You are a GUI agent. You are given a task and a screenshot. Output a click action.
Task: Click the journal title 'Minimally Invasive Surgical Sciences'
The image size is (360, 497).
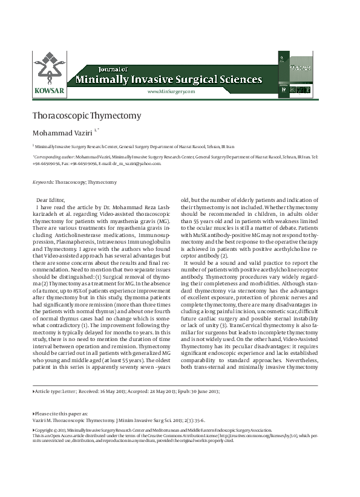point(168,80)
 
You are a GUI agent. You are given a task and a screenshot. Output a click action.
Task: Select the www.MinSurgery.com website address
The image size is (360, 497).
point(171,91)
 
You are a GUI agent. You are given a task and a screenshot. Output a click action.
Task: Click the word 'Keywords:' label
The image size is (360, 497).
point(44,182)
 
